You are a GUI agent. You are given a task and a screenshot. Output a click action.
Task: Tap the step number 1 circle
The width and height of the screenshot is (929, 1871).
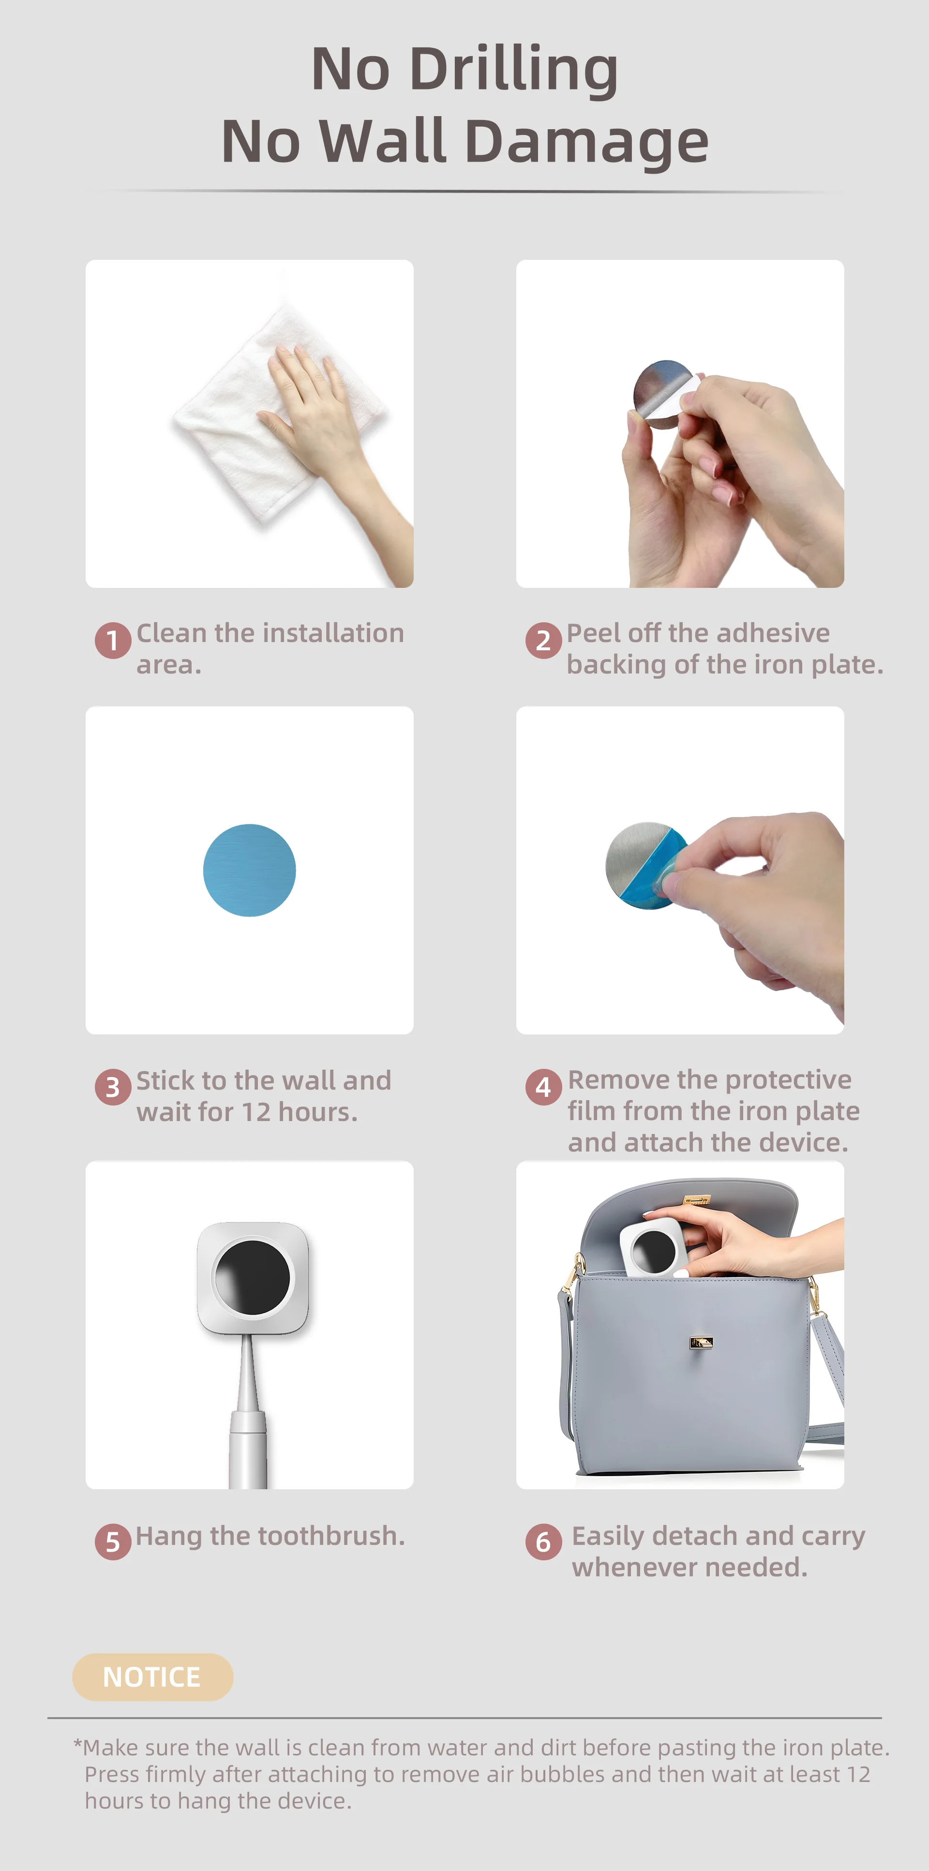tap(113, 641)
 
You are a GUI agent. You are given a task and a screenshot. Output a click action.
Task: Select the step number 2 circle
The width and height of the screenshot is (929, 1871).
tap(543, 641)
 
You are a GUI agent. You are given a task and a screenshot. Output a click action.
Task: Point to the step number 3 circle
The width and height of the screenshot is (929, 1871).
tap(113, 1087)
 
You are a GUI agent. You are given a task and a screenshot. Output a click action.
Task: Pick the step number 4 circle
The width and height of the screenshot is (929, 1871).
tap(543, 1087)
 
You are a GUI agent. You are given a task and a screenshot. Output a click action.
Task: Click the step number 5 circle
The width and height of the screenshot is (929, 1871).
tap(113, 1541)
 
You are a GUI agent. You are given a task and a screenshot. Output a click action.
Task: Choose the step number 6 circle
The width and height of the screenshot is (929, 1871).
tap(543, 1541)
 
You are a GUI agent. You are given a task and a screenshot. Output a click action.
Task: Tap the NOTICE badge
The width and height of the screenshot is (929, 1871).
tap(152, 1677)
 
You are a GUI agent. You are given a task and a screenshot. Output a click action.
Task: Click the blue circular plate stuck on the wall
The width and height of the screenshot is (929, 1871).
tap(249, 870)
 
